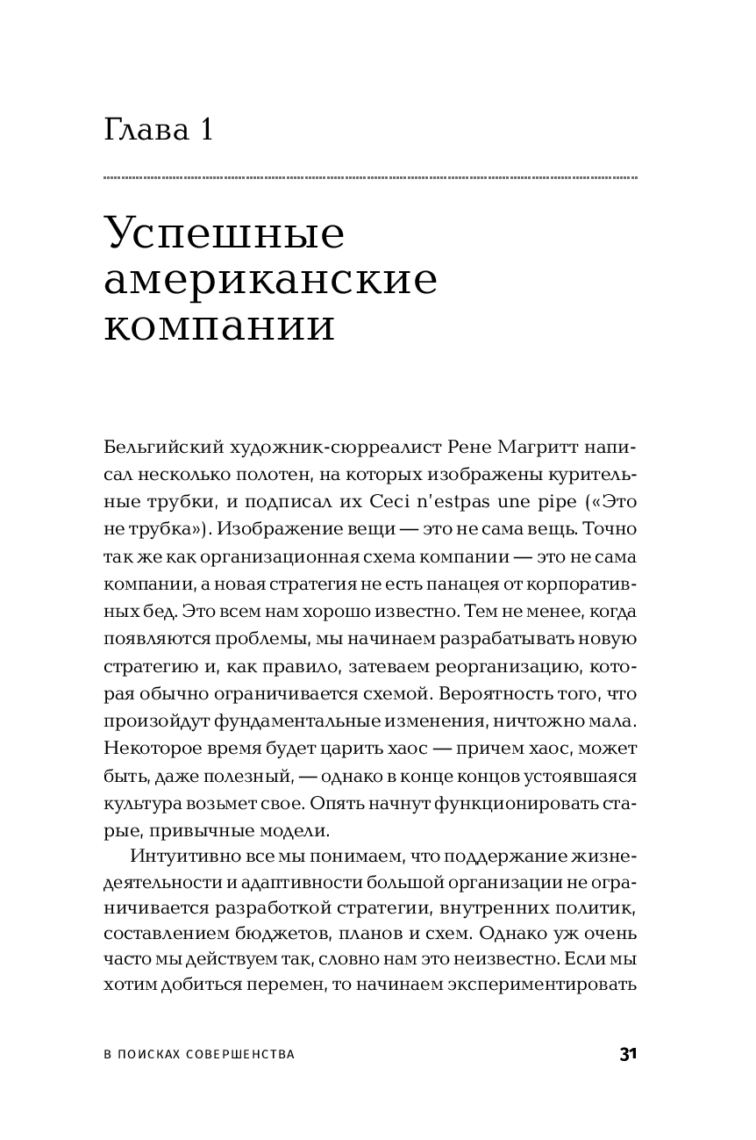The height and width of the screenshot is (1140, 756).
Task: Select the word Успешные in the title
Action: [x=224, y=235]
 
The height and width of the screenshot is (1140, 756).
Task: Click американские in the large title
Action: [x=271, y=280]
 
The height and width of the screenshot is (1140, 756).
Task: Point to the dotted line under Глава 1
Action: [x=370, y=178]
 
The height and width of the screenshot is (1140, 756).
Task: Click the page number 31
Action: [x=627, y=1055]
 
